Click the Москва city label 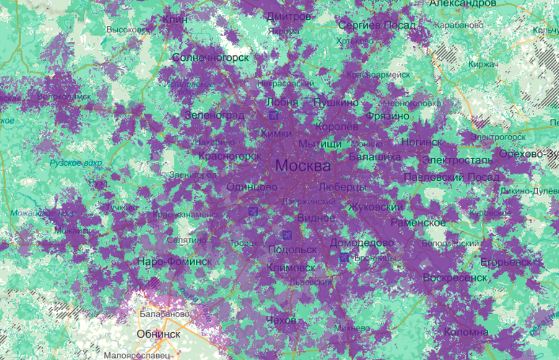[x=302, y=166]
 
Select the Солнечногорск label [x=211, y=58]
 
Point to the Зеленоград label [x=214, y=115]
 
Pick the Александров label [x=463, y=4]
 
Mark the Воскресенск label [x=455, y=277]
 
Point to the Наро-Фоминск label [x=175, y=261]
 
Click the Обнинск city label [x=159, y=334]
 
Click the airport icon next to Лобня [x=274, y=115]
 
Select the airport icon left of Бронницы [x=344, y=257]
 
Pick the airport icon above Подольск [x=286, y=235]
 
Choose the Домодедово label [x=362, y=243]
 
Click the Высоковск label [x=128, y=30]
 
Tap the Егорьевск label [x=506, y=263]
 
